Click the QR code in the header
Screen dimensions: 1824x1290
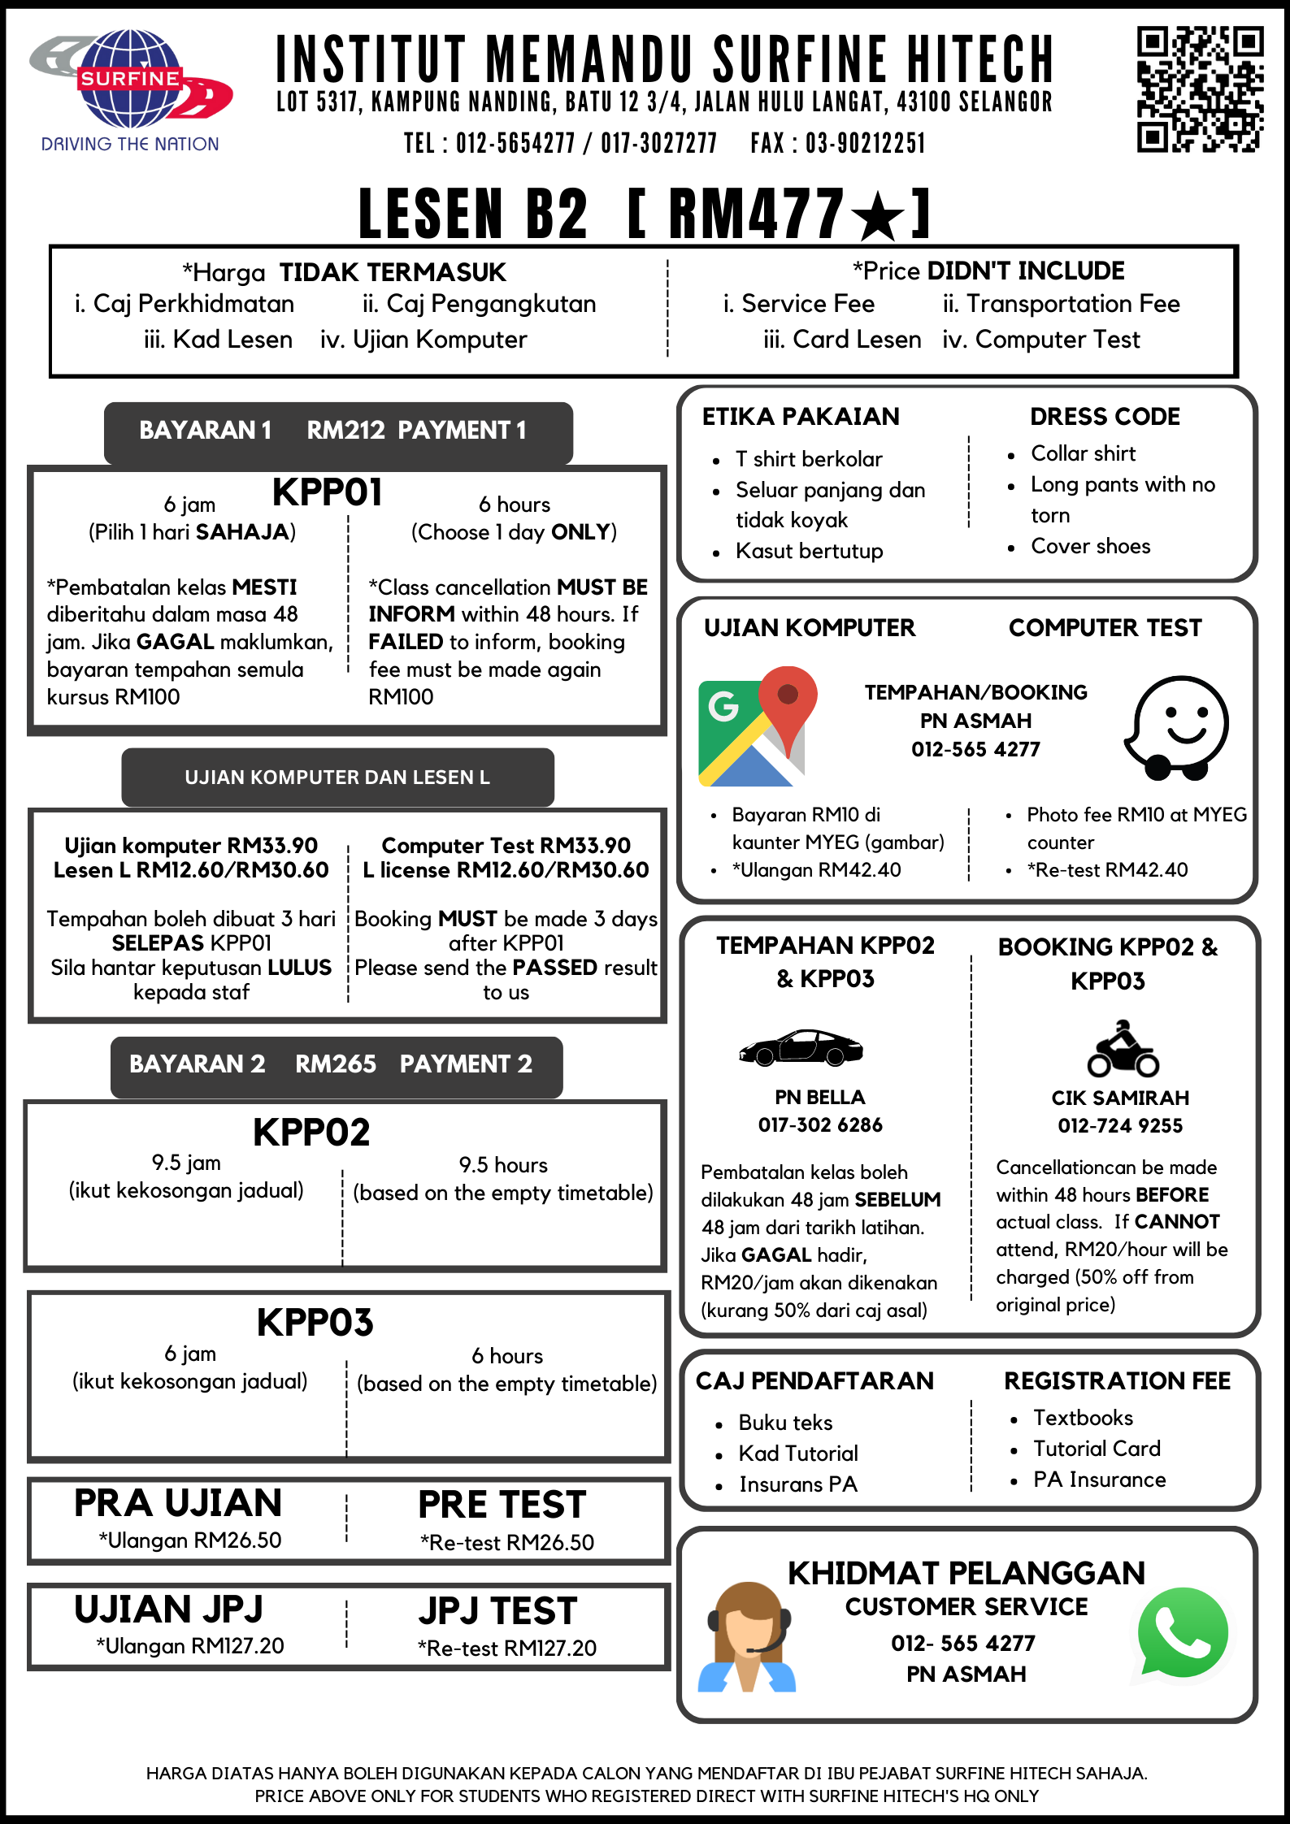pos(1200,89)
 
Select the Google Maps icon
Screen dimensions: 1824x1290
pos(753,726)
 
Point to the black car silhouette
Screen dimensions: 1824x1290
pos(801,1047)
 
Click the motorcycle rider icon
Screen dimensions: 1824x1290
pos(1123,1049)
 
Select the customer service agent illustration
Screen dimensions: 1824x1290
pos(747,1637)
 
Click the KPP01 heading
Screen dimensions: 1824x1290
pos(327,492)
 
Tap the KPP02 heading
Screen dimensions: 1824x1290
pos(311,1133)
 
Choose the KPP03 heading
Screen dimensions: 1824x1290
pos(315,1323)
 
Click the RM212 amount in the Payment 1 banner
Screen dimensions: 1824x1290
pos(345,430)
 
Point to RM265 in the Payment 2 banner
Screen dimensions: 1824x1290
pos(336,1064)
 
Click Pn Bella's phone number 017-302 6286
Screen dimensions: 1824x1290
pos(820,1125)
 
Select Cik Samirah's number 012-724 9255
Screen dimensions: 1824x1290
pos(1120,1126)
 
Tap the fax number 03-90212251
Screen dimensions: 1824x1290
pos(865,144)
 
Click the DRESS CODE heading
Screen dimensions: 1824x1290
pos(1105,417)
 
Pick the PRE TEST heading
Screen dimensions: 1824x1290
pos(502,1505)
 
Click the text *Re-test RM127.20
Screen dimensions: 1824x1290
pos(507,1649)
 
